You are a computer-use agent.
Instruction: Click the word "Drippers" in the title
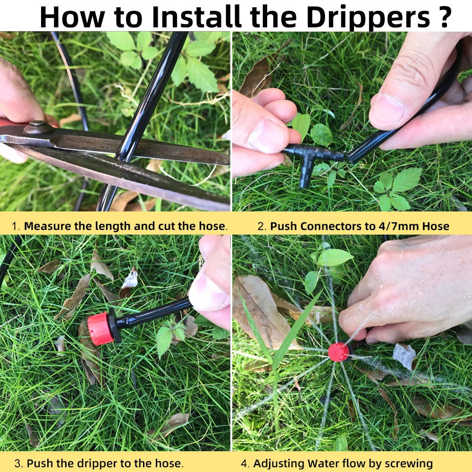368,18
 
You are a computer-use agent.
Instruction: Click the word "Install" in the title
196,17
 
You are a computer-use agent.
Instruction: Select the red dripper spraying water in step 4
338,352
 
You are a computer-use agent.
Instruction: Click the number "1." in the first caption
16,227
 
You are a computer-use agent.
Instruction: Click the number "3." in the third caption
19,464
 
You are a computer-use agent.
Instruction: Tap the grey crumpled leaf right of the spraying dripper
404,356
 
